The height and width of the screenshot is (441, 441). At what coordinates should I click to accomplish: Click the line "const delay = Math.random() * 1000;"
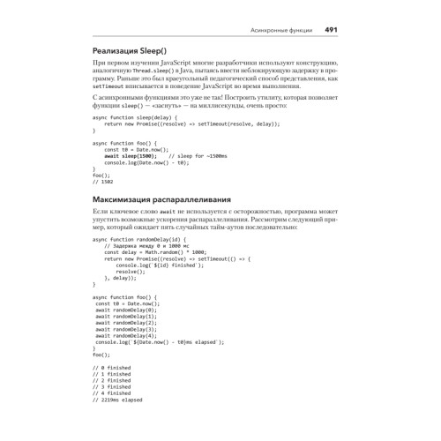(155, 252)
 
